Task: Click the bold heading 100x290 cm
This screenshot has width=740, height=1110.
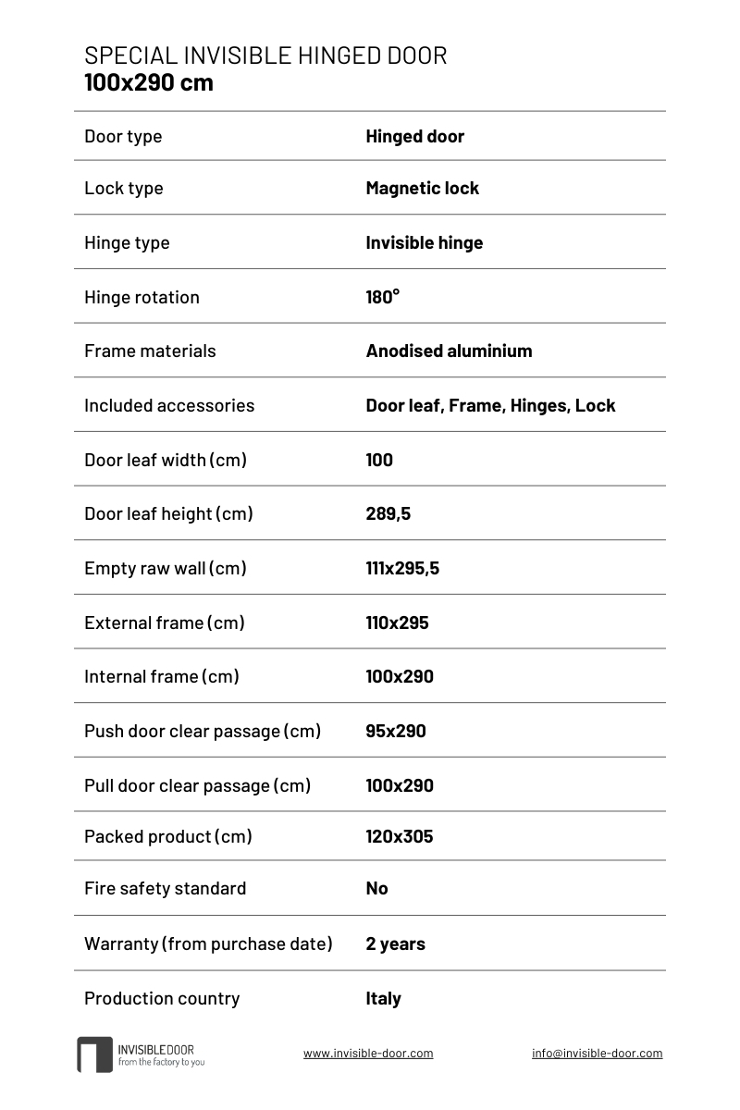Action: (149, 82)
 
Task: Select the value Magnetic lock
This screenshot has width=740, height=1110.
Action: (422, 188)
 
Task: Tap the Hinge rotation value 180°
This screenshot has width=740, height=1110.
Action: (382, 297)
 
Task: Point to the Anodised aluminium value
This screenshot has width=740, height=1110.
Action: (449, 351)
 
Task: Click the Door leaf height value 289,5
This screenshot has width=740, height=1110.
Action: (388, 513)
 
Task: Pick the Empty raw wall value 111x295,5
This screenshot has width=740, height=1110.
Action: (402, 568)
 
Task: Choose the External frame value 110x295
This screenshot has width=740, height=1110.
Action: (397, 623)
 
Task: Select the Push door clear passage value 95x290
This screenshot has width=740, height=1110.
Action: (396, 731)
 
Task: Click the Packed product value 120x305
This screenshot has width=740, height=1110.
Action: (399, 836)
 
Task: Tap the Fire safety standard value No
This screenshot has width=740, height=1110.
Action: (376, 888)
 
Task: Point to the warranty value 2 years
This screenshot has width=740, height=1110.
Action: (395, 943)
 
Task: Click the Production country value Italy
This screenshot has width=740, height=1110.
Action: (383, 998)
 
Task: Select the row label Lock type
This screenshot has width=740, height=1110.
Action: (123, 188)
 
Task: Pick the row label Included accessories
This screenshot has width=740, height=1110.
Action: (169, 405)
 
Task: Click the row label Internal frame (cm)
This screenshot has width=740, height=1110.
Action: (161, 676)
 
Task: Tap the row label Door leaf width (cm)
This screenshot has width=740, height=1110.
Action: (165, 460)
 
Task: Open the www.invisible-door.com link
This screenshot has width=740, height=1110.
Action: (368, 1053)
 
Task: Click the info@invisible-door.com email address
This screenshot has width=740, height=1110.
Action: (597, 1053)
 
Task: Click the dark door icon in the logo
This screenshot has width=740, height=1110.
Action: (94, 1054)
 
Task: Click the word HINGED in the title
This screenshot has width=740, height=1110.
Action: (330, 55)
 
